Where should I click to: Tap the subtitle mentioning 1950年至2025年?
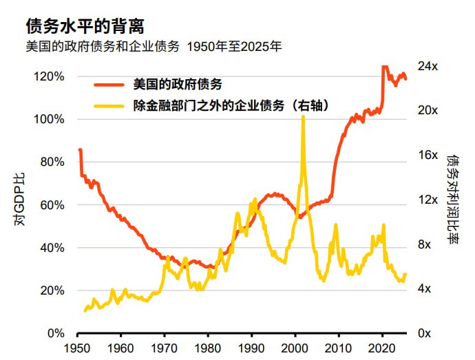point(153,47)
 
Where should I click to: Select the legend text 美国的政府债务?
point(178,85)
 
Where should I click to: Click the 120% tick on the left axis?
point(49,76)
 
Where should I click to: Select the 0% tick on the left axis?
point(55,334)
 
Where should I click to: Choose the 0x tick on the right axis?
point(425,334)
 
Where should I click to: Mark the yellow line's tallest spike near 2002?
point(303,117)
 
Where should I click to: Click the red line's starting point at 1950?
point(80,150)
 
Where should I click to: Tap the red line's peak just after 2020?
point(384,67)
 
